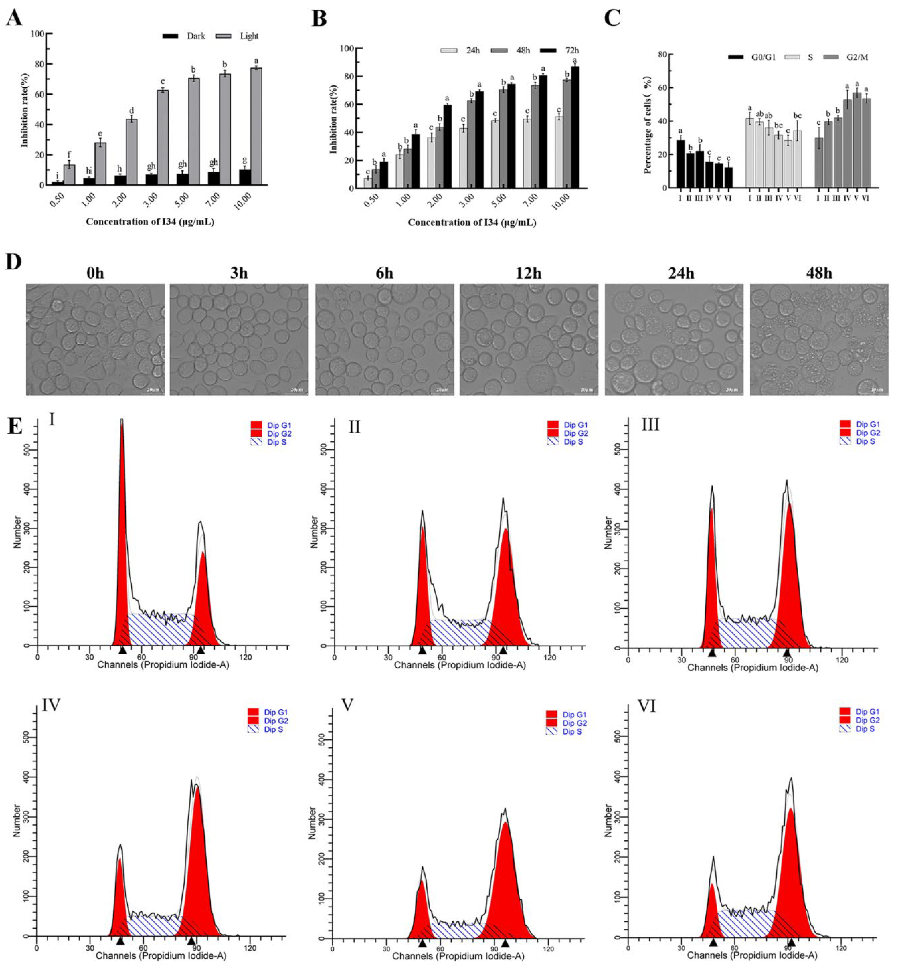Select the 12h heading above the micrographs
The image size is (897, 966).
pyautogui.click(x=528, y=273)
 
